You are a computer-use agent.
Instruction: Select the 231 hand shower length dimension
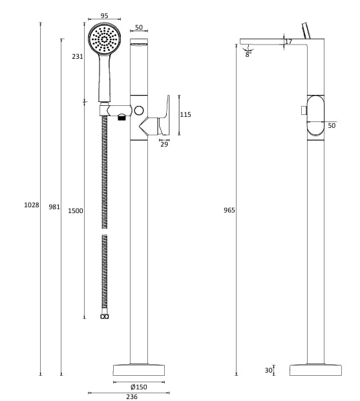78,56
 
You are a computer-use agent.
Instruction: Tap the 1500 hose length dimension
76,211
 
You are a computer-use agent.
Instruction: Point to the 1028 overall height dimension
32,205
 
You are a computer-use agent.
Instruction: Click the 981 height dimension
54,207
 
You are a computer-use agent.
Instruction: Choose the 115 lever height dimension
185,114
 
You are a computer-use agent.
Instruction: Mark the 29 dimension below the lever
164,144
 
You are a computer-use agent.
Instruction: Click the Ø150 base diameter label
139,386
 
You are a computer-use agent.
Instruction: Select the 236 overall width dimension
131,398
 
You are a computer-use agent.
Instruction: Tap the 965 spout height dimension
229,210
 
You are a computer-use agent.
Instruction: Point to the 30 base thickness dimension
268,370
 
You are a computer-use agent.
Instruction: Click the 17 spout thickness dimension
288,42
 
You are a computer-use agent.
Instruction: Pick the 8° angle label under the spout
248,55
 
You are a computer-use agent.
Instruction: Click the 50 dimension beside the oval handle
332,125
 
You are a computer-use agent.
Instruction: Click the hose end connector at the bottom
105,316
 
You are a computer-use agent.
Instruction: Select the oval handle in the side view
315,116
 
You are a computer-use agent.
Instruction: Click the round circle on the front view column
139,111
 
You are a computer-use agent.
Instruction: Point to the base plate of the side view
315,370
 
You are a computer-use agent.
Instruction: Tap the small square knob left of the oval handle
303,110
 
